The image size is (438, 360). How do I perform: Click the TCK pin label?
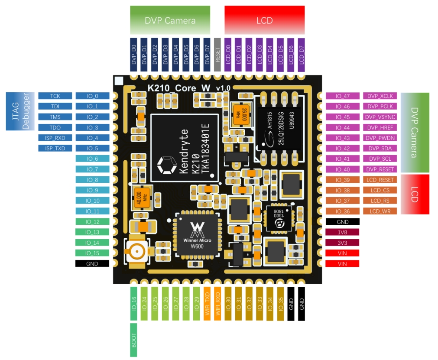55,96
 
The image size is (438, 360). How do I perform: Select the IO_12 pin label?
93,222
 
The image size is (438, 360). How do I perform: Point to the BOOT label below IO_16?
134,340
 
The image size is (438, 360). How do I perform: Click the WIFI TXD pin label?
208,304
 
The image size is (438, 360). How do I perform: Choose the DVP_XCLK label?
380,96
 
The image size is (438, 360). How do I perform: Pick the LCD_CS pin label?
380,190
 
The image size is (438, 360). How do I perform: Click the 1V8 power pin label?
342,232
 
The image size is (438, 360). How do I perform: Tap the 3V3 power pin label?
342,243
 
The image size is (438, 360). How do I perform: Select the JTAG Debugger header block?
19,111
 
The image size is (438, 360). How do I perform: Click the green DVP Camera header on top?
170,20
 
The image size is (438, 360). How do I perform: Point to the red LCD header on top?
264,20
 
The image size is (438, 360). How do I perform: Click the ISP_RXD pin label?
55,138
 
